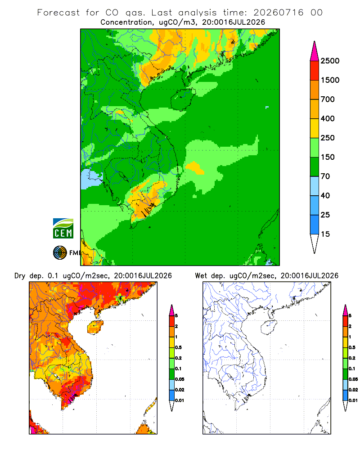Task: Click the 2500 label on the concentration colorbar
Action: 330,61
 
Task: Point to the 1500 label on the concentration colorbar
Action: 330,80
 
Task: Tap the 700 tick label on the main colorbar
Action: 328,99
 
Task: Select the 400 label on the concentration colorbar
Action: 328,118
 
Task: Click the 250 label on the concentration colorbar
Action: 328,138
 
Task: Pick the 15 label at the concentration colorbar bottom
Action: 325,234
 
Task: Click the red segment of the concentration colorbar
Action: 315,71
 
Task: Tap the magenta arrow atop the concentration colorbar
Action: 315,51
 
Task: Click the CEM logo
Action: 63,229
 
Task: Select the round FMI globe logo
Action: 60,253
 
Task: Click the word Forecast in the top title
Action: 58,13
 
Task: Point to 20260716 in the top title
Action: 278,13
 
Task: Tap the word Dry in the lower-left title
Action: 20,276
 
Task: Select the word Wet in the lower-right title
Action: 201,276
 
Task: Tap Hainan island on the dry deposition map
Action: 95,327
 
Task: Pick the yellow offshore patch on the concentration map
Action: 195,167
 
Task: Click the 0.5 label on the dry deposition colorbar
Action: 178,347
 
